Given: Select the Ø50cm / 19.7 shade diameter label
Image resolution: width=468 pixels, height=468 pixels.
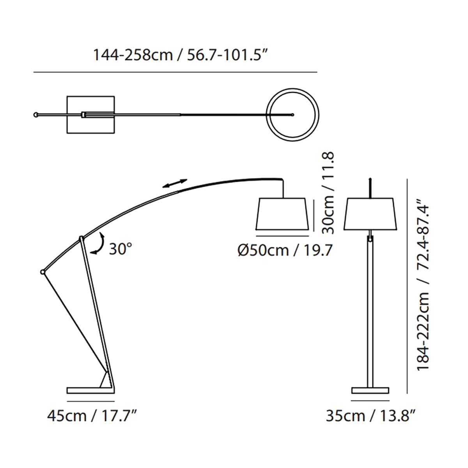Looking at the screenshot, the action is pos(284,250).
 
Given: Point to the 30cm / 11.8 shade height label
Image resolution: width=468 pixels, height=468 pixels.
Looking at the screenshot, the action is pos(328,193).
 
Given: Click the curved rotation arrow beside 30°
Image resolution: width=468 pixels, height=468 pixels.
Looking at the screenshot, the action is pos(98,243).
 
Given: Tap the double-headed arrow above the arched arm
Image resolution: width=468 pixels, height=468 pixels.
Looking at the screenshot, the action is pos(175,183).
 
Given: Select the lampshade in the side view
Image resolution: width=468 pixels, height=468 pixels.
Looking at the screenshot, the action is pos(282,214).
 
